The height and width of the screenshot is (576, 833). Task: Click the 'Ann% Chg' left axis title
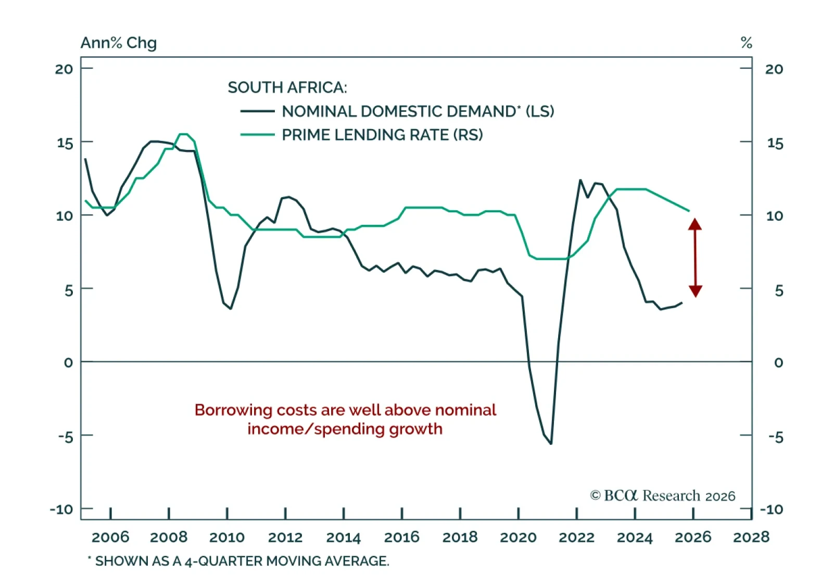coord(118,43)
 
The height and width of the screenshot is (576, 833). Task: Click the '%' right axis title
coord(746,43)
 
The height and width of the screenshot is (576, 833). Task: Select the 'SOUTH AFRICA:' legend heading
coord(287,87)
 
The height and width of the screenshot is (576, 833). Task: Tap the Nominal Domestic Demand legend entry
coord(418,111)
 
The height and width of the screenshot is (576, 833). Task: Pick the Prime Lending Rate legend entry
coord(382,135)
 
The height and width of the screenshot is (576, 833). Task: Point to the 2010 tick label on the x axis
coord(227,537)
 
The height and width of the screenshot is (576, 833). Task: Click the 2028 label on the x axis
coord(751,537)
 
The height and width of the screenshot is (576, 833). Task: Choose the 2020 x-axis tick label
coord(518,537)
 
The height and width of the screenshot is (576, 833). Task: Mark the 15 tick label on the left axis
coord(65,143)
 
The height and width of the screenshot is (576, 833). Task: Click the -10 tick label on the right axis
coord(771,509)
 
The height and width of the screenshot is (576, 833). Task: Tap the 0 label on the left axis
coord(68,362)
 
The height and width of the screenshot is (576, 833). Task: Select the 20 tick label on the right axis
coord(774,69)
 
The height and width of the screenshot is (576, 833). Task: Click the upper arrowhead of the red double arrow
coord(695,224)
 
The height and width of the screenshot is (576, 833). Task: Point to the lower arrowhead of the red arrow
coord(695,291)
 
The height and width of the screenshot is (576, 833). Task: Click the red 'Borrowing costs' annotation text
coord(345,419)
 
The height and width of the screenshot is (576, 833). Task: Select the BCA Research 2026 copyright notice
coord(662,495)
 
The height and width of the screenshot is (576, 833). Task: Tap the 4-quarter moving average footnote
coord(238,561)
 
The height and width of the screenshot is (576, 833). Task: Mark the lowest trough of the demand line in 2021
coord(551,443)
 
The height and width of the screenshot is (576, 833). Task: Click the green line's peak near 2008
coord(183,134)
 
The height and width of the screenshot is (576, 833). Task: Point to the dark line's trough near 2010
coord(231,309)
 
